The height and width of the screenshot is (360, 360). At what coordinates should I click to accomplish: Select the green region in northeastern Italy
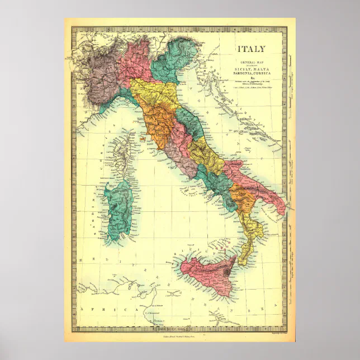pos(171,61)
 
